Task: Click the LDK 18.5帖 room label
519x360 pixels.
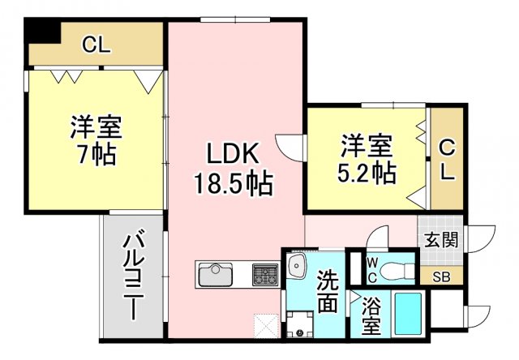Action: [233, 169]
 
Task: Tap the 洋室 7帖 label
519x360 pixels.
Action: [97, 140]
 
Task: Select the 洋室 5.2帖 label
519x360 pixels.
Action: [367, 158]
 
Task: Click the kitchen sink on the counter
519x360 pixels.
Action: [216, 275]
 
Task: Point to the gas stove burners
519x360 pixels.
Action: [265, 275]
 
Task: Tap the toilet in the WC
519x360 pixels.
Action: [397, 271]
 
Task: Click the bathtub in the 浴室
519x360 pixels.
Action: [408, 314]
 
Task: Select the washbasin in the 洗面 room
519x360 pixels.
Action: [298, 265]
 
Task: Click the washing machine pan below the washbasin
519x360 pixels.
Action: [300, 324]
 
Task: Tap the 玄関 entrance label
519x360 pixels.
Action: [441, 239]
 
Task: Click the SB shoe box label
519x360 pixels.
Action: [441, 277]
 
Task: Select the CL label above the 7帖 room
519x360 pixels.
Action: [96, 45]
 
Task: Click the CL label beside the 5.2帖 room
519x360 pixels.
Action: [447, 160]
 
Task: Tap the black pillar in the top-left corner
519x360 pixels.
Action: [42, 31]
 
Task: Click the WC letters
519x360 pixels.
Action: [372, 271]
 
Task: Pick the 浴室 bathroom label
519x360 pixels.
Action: [371, 315]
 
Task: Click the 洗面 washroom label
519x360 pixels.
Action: [328, 291]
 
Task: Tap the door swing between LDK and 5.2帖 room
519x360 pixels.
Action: [289, 148]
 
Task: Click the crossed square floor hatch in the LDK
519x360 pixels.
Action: [267, 326]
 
